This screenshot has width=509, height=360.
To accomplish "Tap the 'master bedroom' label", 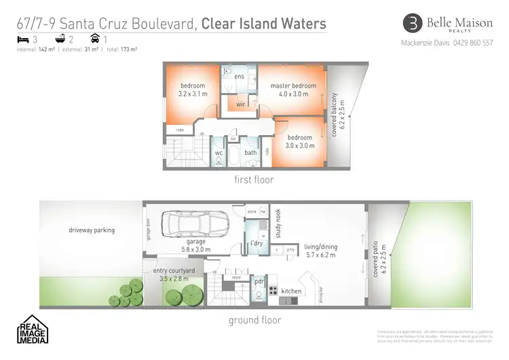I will pyautogui.click(x=293, y=86).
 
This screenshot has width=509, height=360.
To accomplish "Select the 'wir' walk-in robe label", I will pyautogui.click(x=240, y=105).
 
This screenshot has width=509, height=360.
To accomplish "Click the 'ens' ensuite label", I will pyautogui.click(x=239, y=76).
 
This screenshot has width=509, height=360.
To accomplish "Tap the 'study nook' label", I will pyautogui.click(x=278, y=224).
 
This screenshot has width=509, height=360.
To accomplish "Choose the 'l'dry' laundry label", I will pyautogui.click(x=257, y=242).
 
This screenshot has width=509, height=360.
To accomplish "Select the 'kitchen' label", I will pyautogui.click(x=291, y=291).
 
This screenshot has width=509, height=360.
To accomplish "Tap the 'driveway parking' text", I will pyautogui.click(x=92, y=230).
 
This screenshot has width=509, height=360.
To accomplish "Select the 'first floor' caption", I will pyautogui.click(x=253, y=180).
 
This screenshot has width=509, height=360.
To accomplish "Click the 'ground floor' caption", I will pyautogui.click(x=254, y=320).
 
